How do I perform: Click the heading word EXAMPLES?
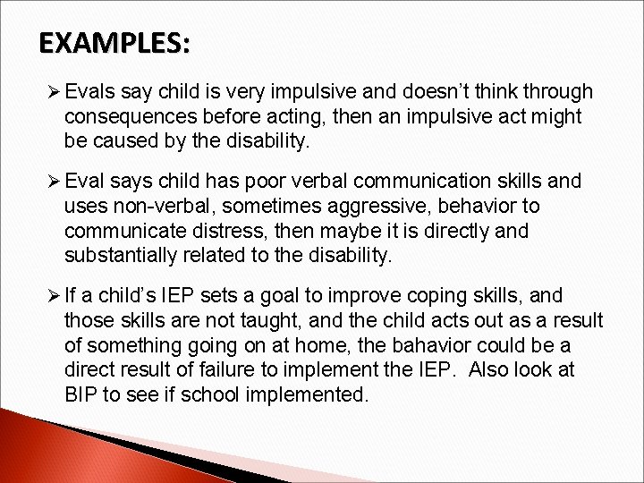point(114,44)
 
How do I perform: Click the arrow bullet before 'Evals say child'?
point(51,92)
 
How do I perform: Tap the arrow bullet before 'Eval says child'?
point(51,182)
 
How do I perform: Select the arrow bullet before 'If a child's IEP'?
point(51,297)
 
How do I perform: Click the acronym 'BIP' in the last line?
point(83,394)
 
